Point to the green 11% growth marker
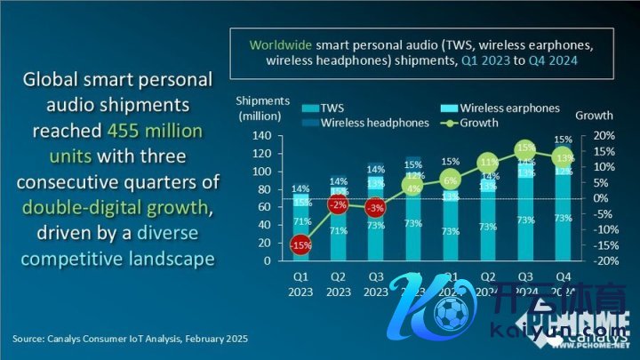pos(487,163)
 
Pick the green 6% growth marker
pos(450,180)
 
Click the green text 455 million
pos(155,131)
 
